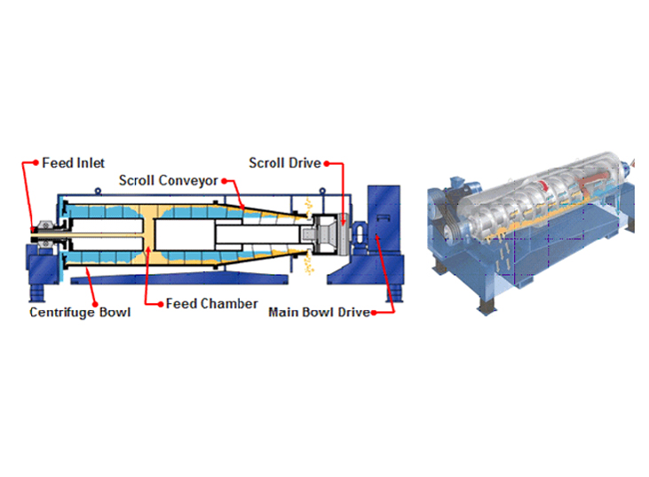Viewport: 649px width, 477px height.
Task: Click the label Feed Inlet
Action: [x=74, y=163]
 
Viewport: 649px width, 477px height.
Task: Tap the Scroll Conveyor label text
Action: [x=168, y=181]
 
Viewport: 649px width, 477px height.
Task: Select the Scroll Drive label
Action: [x=285, y=163]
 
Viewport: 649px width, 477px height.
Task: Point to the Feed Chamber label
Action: [x=211, y=304]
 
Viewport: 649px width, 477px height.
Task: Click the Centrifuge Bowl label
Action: [x=80, y=312]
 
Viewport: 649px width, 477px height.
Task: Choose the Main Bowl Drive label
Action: [x=319, y=312]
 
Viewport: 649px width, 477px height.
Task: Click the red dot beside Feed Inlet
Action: [x=36, y=163]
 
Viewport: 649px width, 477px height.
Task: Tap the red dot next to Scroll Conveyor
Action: [x=224, y=181]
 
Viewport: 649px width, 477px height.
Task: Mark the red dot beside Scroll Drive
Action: [x=327, y=164]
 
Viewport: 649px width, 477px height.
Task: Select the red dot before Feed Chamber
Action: [x=161, y=305]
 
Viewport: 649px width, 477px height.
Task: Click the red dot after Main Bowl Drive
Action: [x=374, y=312]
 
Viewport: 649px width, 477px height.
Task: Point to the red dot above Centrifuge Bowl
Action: [x=95, y=304]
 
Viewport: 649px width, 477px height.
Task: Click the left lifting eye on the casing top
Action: [x=98, y=191]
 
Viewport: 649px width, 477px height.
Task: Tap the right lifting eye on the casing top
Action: [x=322, y=191]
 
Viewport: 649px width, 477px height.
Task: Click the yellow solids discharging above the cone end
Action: [x=308, y=207]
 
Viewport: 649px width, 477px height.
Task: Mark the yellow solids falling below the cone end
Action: [x=309, y=262]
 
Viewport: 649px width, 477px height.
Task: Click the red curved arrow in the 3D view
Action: [x=544, y=185]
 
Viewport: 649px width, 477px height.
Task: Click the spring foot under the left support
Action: [x=36, y=293]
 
